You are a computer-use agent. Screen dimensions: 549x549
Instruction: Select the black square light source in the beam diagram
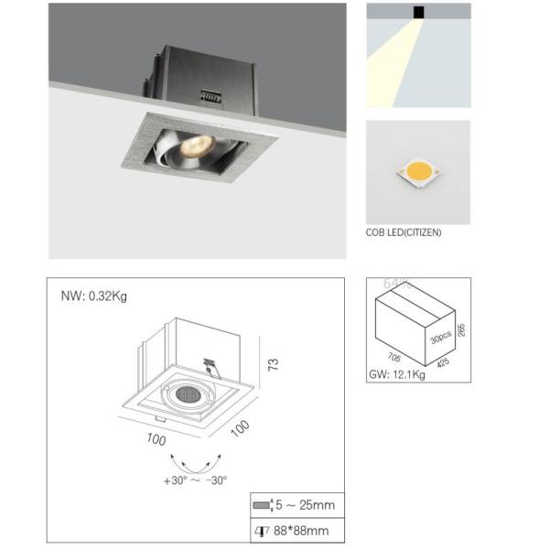[x=418, y=12]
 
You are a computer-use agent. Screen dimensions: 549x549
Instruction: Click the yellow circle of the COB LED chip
[x=418, y=171]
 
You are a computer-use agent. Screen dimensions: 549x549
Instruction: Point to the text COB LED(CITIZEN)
[x=404, y=232]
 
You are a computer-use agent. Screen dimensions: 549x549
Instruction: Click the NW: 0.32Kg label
[x=95, y=296]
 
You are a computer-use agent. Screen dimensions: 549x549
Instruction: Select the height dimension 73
[x=271, y=364]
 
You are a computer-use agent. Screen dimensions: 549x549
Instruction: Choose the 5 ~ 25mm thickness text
[x=304, y=504]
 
